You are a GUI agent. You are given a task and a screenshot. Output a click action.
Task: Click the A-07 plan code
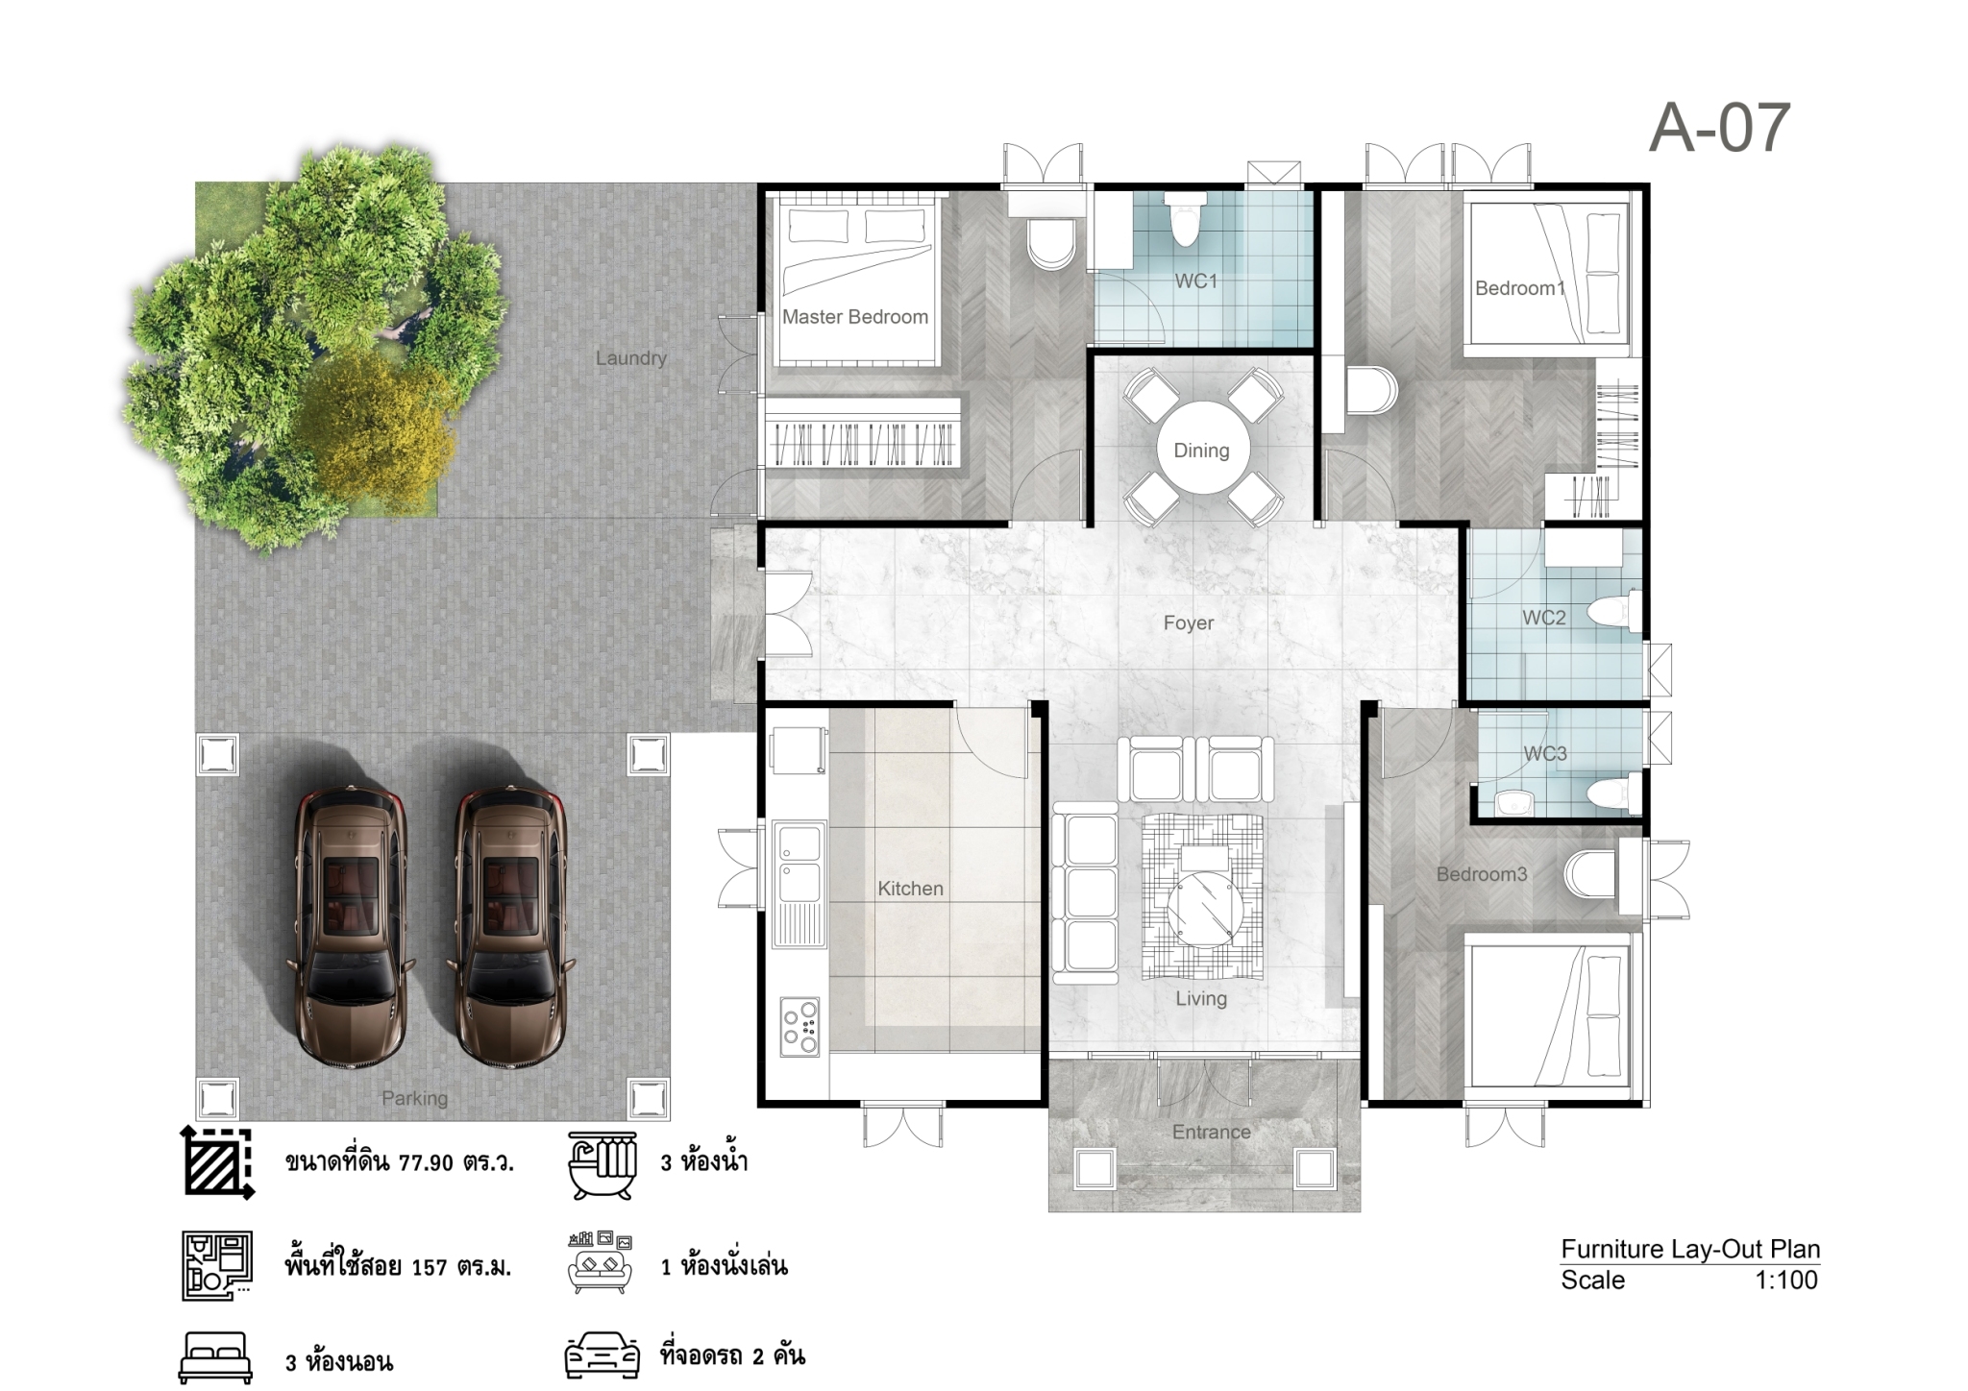(x=1719, y=129)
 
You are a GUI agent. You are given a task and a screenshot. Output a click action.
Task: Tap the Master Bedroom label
(x=855, y=317)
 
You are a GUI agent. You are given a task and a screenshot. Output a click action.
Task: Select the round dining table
(x=1202, y=450)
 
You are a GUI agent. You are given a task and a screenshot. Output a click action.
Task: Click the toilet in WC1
(x=1186, y=220)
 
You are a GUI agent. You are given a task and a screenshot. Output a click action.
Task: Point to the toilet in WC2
(x=1613, y=612)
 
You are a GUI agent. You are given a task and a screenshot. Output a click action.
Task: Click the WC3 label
(x=1545, y=754)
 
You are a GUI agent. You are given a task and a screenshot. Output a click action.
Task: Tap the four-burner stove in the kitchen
(x=799, y=1027)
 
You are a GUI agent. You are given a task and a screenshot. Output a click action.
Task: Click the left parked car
(x=350, y=929)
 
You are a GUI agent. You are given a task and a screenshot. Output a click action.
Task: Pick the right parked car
(x=510, y=929)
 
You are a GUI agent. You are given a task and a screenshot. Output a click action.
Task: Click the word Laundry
(x=630, y=358)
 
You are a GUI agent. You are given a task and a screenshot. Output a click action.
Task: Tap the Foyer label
(x=1189, y=623)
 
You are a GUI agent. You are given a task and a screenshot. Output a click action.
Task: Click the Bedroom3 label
(x=1482, y=874)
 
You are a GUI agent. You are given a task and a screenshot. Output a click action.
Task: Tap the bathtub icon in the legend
(x=603, y=1165)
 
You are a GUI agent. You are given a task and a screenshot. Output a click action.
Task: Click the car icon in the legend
(x=602, y=1356)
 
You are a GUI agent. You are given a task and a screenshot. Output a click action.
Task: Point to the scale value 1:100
(x=1786, y=1280)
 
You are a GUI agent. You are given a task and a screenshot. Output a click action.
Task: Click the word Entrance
(x=1211, y=1133)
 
